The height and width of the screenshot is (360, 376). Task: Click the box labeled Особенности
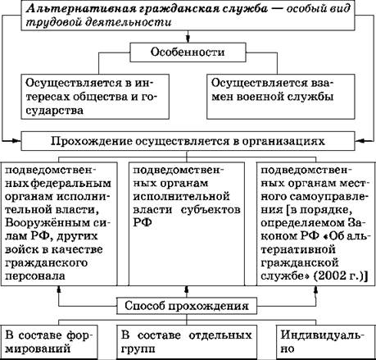(188, 52)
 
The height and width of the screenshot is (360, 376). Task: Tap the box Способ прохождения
(187, 306)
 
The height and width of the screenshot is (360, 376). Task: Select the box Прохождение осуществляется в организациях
(188, 141)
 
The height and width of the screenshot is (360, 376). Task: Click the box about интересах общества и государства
(95, 97)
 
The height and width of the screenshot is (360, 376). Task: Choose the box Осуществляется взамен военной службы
(281, 97)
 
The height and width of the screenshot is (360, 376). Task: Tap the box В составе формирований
(49, 342)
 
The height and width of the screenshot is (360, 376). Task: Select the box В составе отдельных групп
(187, 342)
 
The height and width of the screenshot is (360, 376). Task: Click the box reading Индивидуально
(326, 342)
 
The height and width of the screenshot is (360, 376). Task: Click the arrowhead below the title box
(188, 39)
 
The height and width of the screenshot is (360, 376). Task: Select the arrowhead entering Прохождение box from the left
(16, 141)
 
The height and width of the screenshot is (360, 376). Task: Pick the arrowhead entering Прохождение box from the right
(360, 141)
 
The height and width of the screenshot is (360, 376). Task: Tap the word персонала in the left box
(35, 276)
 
